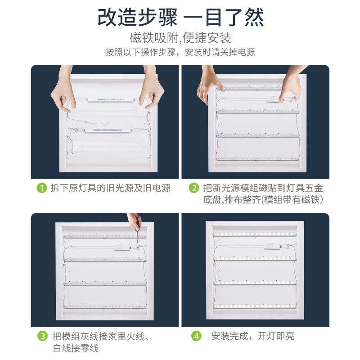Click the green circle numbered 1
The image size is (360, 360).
[x=42, y=188]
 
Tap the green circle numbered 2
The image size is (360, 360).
[x=194, y=188]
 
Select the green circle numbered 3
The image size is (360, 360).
[x=42, y=336]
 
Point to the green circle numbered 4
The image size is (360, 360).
[x=196, y=336]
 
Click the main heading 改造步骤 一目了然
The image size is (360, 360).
[x=181, y=18]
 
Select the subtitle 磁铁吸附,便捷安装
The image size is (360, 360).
[x=180, y=38]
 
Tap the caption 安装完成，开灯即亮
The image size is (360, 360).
[x=253, y=336]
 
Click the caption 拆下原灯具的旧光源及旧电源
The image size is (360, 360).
[x=110, y=188]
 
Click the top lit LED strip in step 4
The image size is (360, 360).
[x=255, y=234]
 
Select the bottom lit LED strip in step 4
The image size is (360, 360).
[x=255, y=306]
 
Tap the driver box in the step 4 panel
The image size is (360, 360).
[x=272, y=246]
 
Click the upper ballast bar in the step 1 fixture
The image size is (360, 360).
[x=111, y=100]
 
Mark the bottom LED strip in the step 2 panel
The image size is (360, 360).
[x=257, y=158]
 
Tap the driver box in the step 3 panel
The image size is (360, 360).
[x=121, y=247]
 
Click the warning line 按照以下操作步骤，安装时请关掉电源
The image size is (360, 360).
[x=180, y=52]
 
